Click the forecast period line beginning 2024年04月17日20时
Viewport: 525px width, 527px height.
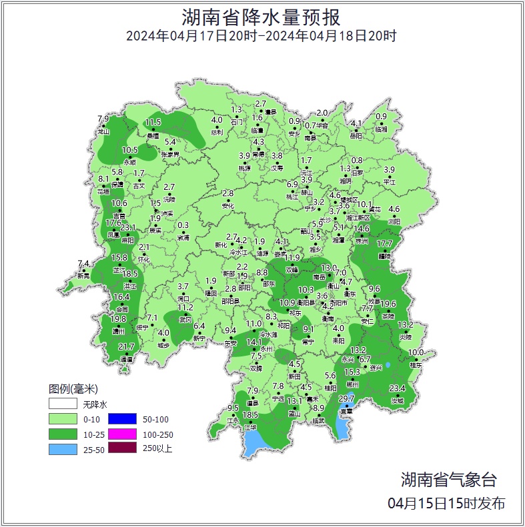click(x=261, y=36)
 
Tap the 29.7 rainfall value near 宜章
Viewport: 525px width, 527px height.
click(x=346, y=398)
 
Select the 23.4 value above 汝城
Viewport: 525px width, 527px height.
click(x=398, y=388)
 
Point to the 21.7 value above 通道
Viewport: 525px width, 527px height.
click(x=127, y=346)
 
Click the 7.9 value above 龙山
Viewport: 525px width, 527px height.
click(x=103, y=119)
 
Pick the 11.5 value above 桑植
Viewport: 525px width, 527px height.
click(x=153, y=122)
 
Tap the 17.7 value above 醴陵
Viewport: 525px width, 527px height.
click(x=385, y=244)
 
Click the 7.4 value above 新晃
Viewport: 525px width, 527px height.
click(x=83, y=263)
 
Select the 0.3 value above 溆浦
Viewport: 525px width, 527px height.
click(x=183, y=225)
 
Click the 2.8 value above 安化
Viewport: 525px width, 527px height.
click(x=227, y=193)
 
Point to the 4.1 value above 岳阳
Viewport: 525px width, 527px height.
click(x=356, y=123)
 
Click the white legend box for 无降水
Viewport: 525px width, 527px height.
click(x=62, y=404)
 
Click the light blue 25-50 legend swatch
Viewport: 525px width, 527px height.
click(x=62, y=448)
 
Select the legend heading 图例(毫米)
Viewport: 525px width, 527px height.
click(x=73, y=390)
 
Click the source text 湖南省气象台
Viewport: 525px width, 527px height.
click(x=448, y=479)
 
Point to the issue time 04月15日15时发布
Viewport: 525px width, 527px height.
click(x=446, y=503)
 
